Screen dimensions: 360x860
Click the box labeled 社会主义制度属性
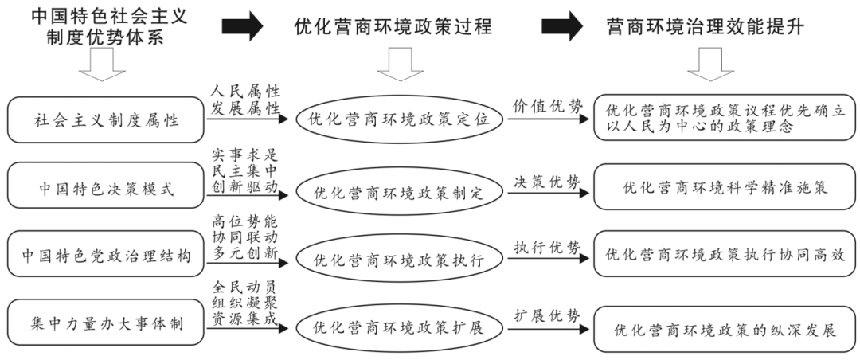(x=106, y=121)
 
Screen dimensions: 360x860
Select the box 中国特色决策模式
(x=106, y=189)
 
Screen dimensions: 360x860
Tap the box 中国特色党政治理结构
(x=106, y=256)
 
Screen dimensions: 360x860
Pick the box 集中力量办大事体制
(x=106, y=326)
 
